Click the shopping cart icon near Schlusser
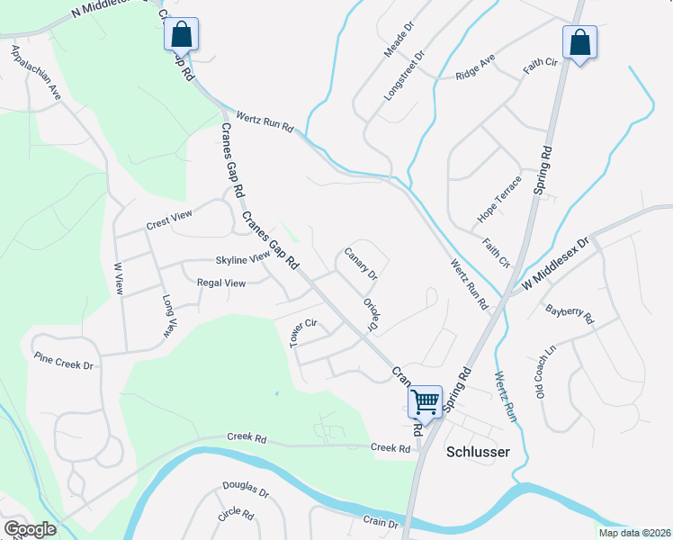tap(425, 400)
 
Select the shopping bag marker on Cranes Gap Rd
tap(181, 35)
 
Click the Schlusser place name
tap(478, 452)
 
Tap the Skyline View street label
tap(242, 259)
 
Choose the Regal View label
tap(220, 283)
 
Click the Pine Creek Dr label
tap(64, 361)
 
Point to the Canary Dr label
tap(361, 262)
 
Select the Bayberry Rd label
tap(570, 314)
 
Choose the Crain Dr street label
tap(380, 523)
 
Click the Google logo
tap(29, 529)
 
